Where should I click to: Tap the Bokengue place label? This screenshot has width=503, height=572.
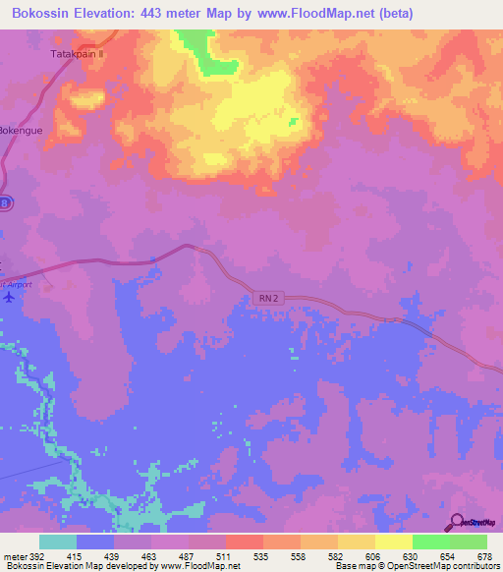point(23,129)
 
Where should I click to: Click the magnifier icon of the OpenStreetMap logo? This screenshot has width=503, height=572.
point(456,520)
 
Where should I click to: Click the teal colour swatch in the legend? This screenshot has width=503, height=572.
point(58,542)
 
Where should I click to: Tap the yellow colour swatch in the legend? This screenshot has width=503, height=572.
point(394,542)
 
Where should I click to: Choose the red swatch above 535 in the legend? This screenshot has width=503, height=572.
point(245,542)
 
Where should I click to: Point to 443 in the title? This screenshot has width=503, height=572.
point(159,13)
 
